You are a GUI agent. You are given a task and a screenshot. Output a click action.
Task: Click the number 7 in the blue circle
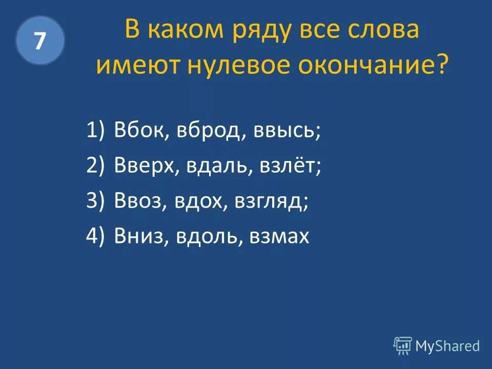pos(40,40)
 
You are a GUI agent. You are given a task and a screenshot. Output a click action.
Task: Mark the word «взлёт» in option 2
pos(284,166)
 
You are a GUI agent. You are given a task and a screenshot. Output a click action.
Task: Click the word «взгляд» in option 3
pos(271,201)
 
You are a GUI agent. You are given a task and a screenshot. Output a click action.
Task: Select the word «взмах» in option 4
pos(279,237)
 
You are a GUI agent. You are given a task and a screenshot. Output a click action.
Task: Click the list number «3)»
pos(95,201)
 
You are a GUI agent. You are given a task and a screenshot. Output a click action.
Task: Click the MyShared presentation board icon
pos(402,346)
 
